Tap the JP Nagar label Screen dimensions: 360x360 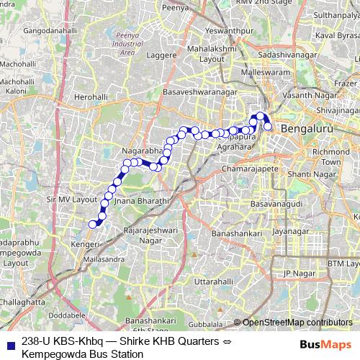click(299, 273)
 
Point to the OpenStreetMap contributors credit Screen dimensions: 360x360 click(297, 323)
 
